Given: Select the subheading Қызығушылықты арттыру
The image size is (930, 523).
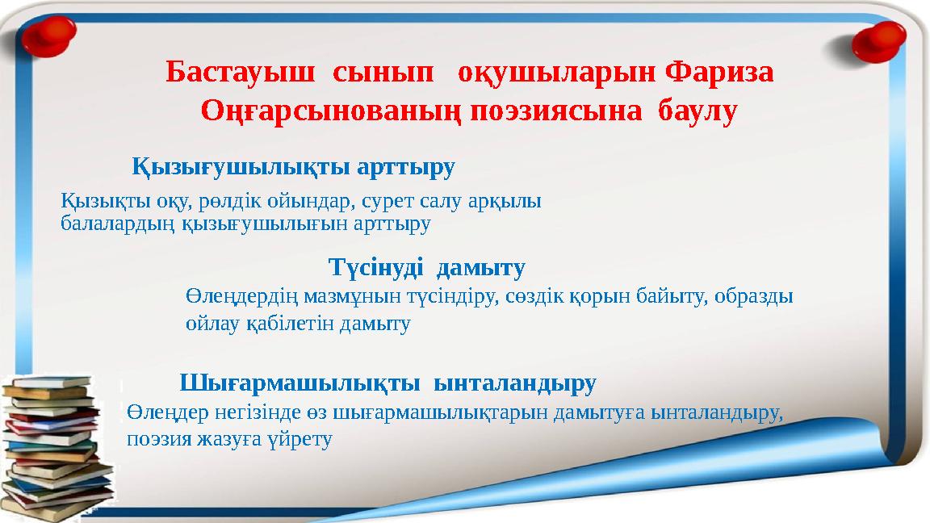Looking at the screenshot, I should (294, 168).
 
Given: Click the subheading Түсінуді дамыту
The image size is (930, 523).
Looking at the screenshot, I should (427, 266).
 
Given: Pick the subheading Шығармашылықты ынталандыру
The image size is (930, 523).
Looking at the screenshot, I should (387, 382).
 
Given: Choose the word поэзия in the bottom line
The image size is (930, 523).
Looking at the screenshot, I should (155, 440).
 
